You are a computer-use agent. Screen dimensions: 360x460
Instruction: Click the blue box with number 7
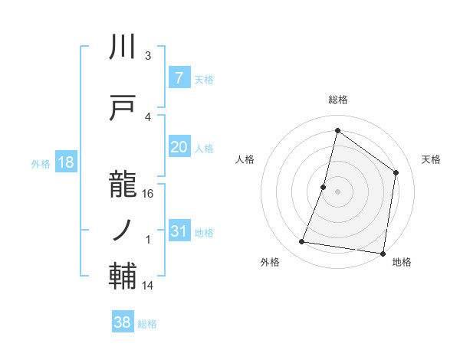pyautogui.click(x=179, y=78)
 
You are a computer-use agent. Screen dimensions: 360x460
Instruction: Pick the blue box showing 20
pyautogui.click(x=179, y=148)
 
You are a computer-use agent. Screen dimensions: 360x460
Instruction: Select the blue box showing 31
pyautogui.click(x=179, y=232)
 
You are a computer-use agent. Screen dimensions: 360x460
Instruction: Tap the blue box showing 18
pyautogui.click(x=65, y=162)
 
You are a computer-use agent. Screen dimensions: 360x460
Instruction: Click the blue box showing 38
pyautogui.click(x=123, y=323)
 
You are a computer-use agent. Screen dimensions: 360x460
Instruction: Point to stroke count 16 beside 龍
pyautogui.click(x=148, y=193)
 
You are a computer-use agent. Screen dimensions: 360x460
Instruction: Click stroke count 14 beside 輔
pyautogui.click(x=148, y=286)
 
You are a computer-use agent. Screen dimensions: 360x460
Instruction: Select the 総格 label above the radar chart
pyautogui.click(x=338, y=100)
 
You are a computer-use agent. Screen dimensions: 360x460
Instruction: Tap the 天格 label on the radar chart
pyautogui.click(x=432, y=159)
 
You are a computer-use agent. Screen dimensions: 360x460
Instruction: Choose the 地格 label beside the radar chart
pyautogui.click(x=402, y=262)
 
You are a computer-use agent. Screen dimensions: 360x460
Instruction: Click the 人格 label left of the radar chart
pyautogui.click(x=245, y=159)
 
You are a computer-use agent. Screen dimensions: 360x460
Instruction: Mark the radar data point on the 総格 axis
pyautogui.click(x=337, y=130)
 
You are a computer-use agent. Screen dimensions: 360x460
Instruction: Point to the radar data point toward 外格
pyautogui.click(x=302, y=242)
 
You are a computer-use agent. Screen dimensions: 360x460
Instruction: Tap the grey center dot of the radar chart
pyautogui.click(x=337, y=191)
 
